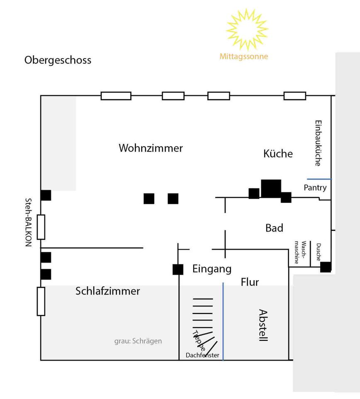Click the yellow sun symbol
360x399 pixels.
(x=247, y=30)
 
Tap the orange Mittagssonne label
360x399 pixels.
(x=244, y=57)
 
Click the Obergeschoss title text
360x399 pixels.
(x=58, y=60)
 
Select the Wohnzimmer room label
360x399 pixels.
(x=151, y=148)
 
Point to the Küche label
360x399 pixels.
(x=278, y=154)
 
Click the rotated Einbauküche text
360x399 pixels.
(x=318, y=143)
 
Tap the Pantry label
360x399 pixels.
(x=315, y=188)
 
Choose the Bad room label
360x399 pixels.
(x=274, y=228)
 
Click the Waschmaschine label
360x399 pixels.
(x=300, y=252)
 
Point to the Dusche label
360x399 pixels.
(x=318, y=252)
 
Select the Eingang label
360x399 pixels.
(x=212, y=269)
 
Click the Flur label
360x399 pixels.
(x=250, y=283)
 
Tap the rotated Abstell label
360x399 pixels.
(x=263, y=325)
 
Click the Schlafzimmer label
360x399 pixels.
(x=108, y=291)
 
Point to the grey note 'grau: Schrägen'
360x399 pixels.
(x=138, y=341)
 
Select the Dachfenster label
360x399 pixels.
(x=202, y=355)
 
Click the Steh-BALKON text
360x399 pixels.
(x=28, y=222)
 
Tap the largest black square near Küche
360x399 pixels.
(x=271, y=188)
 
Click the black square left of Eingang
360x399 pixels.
(x=178, y=269)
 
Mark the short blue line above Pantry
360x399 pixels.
(x=319, y=179)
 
